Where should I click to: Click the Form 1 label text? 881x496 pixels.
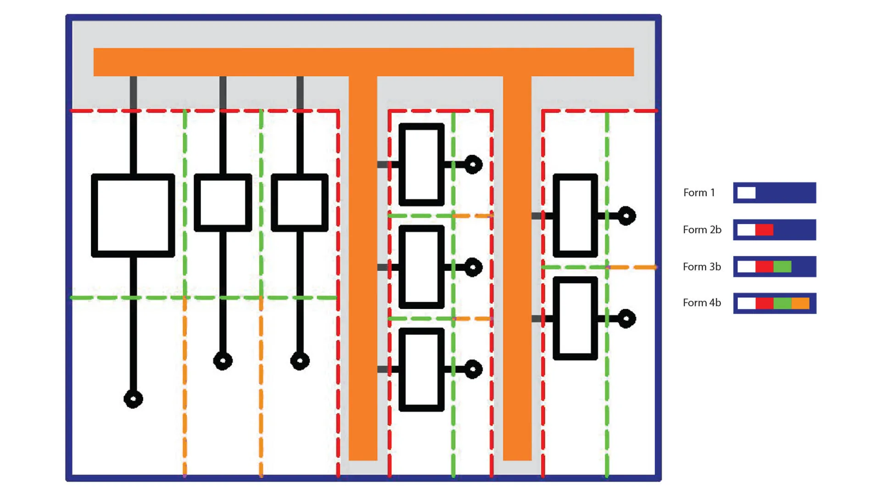[699, 193]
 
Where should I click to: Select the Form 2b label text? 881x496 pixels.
[702, 230]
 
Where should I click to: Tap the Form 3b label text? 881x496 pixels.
[702, 267]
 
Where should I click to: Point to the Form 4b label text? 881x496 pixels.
[702, 303]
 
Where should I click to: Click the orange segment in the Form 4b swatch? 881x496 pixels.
[800, 304]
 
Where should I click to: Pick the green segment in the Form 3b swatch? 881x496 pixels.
[782, 267]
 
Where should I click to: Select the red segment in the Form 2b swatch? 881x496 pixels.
[764, 230]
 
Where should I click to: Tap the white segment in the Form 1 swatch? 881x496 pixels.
[746, 193]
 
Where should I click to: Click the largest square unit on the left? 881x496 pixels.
[133, 215]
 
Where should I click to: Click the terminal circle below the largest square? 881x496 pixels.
[133, 399]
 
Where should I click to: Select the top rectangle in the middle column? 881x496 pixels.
[421, 164]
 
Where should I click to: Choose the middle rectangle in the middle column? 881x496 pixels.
[421, 267]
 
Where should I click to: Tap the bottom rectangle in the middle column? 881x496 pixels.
[421, 369]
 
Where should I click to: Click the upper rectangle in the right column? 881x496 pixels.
[575, 215]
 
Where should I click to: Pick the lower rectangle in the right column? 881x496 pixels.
[575, 318]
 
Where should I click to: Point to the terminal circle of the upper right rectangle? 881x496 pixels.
[626, 216]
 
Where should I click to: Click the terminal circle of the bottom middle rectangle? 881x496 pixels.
[473, 369]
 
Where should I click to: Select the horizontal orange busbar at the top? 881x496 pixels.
[363, 62]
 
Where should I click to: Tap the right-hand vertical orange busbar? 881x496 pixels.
[517, 266]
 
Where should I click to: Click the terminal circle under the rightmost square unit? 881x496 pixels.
[300, 361]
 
